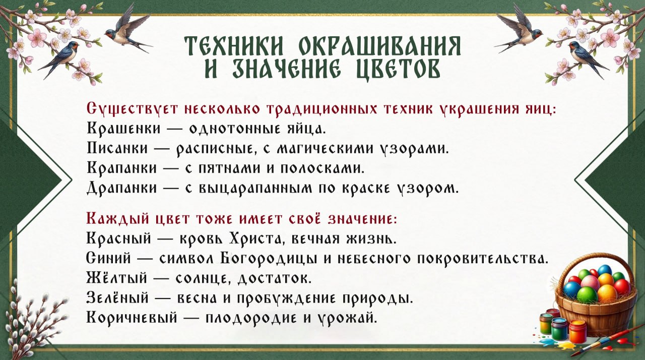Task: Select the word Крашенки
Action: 123,128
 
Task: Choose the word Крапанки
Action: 123,168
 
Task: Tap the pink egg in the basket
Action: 590,282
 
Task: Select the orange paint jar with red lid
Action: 577,331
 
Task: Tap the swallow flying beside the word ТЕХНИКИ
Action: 127,30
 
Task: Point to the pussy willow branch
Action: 30,318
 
